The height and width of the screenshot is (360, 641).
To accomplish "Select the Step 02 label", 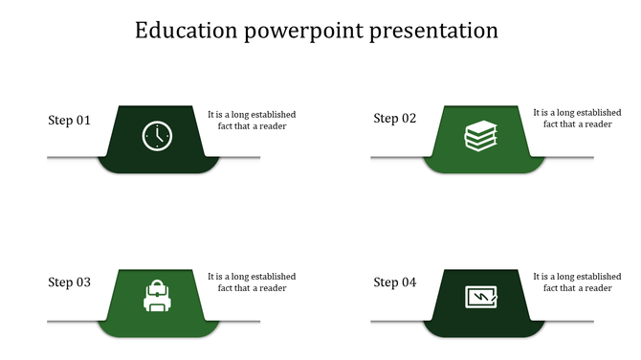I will click(x=394, y=119).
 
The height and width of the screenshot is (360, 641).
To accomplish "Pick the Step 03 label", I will click(x=69, y=282).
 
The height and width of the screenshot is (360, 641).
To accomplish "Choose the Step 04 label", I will click(x=394, y=282).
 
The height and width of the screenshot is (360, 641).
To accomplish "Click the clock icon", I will click(x=156, y=136).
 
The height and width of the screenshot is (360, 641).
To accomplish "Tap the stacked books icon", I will click(x=481, y=136).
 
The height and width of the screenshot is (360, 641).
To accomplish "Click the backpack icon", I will click(x=156, y=297).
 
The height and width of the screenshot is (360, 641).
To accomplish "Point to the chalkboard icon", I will click(x=481, y=298).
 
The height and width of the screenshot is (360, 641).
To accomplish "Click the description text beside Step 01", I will click(x=252, y=120).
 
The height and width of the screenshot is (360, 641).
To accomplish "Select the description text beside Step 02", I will click(x=577, y=119).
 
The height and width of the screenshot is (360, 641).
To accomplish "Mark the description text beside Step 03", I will click(x=252, y=282).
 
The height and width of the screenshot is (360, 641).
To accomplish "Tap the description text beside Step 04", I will click(x=577, y=282).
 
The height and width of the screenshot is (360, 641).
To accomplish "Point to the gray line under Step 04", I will click(x=397, y=321).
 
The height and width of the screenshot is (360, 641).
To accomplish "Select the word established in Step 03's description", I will click(x=272, y=277).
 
